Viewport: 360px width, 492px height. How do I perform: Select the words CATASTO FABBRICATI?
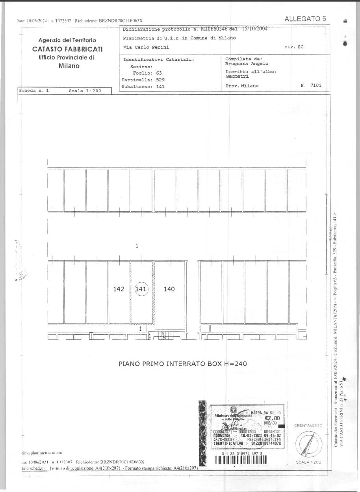[x=67, y=49]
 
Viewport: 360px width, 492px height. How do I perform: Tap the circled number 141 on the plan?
[x=141, y=289]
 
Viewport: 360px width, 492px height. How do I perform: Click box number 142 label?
[x=119, y=289]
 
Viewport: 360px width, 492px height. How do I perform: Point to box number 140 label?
[x=169, y=289]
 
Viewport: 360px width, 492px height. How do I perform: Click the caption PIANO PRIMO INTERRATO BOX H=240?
[x=182, y=363]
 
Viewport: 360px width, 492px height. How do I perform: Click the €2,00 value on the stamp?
[x=272, y=418]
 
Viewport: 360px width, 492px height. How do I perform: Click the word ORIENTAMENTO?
[x=308, y=426]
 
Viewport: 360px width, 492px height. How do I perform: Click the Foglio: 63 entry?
[x=147, y=73]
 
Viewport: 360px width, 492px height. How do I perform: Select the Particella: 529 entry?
[x=143, y=80]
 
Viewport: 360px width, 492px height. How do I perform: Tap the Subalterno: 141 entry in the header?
[x=143, y=86]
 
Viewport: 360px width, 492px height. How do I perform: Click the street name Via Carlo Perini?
[x=146, y=47]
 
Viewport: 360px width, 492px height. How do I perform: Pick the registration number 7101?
[x=315, y=85]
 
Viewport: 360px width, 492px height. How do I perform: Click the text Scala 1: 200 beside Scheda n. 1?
[x=85, y=91]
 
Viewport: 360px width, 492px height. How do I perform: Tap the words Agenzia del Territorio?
[x=67, y=40]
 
